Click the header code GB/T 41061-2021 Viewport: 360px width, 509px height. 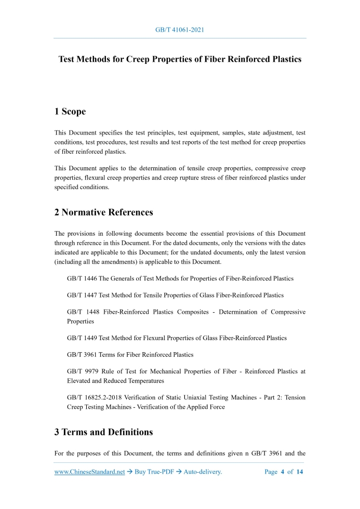(180, 30)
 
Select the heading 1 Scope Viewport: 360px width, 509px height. (70, 112)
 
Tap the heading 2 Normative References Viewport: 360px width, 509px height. (103, 212)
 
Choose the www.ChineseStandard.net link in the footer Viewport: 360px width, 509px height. (90, 472)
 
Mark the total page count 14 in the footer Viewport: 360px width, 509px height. (299, 472)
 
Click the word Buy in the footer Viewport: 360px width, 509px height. (140, 472)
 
